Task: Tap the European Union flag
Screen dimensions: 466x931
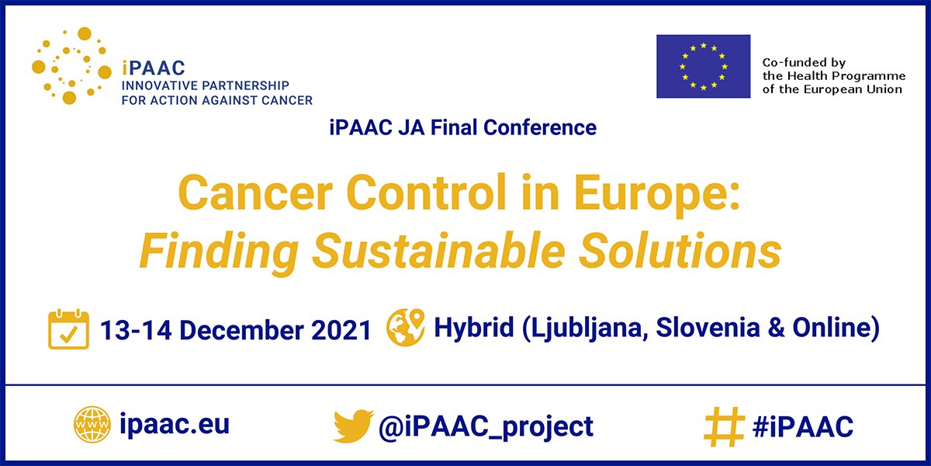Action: coord(703,66)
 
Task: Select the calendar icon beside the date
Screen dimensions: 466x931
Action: coord(68,329)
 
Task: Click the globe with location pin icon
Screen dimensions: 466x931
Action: coord(406,327)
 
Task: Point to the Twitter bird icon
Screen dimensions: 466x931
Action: coord(354,426)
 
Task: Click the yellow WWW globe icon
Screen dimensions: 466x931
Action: coord(92,426)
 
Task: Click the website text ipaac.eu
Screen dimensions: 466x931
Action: coord(175,425)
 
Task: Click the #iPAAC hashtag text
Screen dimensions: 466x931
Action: coord(802,426)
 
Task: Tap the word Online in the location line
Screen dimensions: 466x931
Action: coord(831,328)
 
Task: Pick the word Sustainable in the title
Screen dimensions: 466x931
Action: coord(475,251)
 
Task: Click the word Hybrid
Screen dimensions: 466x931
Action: coord(473,328)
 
